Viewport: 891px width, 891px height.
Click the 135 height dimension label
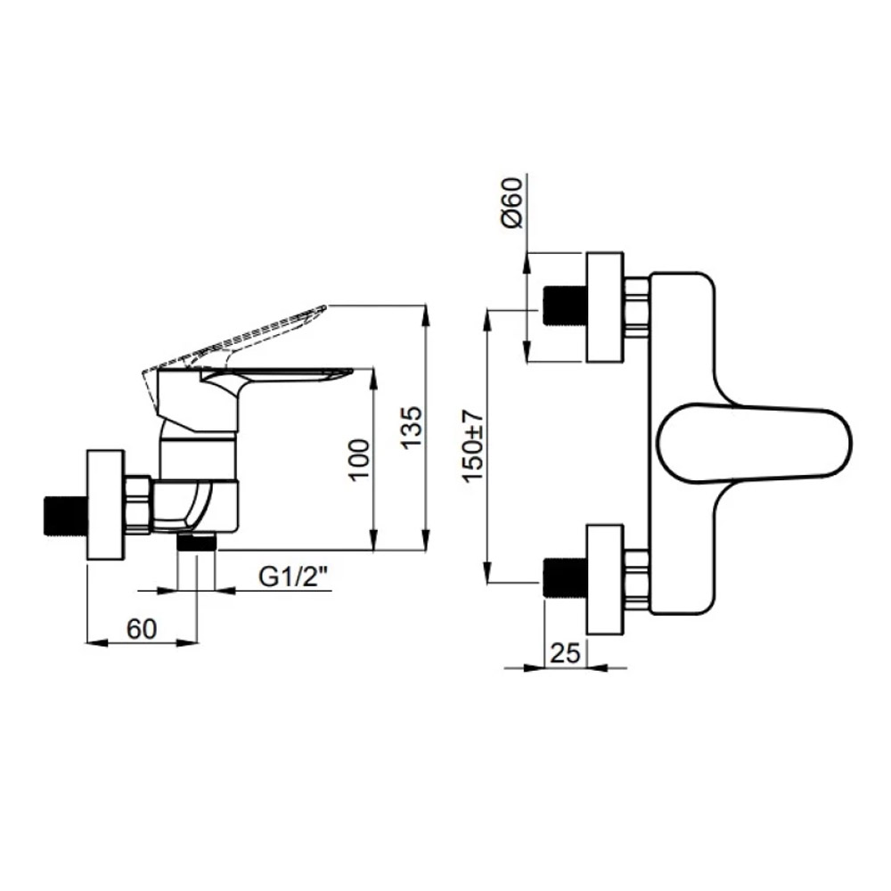click(x=413, y=427)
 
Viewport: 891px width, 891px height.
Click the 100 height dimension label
click(x=359, y=461)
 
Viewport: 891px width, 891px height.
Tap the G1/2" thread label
click(x=294, y=577)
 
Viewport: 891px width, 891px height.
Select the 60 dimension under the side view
click(x=142, y=629)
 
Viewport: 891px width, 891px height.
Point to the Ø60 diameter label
click(x=512, y=203)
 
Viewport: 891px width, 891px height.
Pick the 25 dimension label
click(x=566, y=653)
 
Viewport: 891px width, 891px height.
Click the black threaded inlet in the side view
click(x=65, y=517)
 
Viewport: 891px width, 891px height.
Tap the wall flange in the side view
click(x=105, y=505)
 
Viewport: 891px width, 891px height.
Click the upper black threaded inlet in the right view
click(x=564, y=307)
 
